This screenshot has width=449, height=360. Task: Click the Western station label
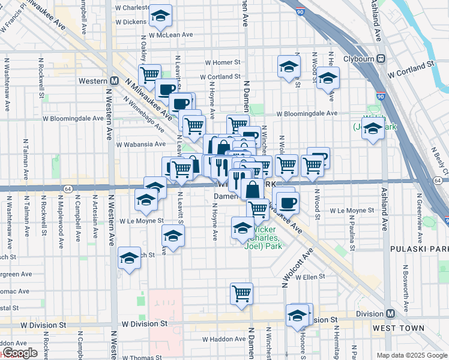tap(93, 81)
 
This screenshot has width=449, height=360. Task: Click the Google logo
tap(19, 353)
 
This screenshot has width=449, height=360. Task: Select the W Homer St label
tap(222, 62)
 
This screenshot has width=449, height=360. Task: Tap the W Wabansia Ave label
tap(140, 144)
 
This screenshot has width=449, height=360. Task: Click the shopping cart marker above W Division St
tap(241, 293)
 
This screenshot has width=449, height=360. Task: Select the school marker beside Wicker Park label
tap(243, 227)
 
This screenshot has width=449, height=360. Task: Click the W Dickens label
tap(130, 22)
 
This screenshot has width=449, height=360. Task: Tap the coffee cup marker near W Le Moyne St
tap(288, 202)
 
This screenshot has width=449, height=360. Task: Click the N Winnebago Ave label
tap(144, 114)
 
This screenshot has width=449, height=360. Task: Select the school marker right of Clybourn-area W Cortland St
tap(328, 79)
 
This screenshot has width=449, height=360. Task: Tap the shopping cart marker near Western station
tap(149, 75)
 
